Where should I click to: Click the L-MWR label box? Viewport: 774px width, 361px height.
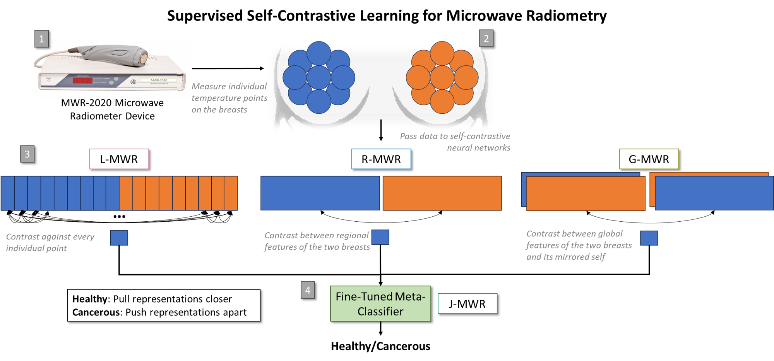[x=119, y=159]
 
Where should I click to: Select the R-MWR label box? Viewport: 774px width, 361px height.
[x=381, y=159]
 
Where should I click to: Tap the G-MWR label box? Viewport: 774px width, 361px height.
[x=649, y=159]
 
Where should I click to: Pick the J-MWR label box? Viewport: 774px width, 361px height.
[x=467, y=304]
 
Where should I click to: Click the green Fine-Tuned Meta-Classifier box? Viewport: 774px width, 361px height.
[x=380, y=304]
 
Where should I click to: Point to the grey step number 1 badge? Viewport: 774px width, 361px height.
[x=41, y=39]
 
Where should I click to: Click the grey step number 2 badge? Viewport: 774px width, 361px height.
[x=486, y=39]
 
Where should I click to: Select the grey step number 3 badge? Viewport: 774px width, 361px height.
[x=27, y=154]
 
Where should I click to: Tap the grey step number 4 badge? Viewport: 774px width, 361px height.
[x=308, y=290]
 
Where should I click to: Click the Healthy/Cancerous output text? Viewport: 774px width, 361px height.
[x=380, y=346]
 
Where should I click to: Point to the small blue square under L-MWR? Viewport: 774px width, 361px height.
[x=119, y=238]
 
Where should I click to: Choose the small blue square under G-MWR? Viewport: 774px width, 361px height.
[x=649, y=238]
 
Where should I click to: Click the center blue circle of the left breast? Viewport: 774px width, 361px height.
[x=319, y=77]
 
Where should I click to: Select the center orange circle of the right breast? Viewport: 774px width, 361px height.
[x=442, y=77]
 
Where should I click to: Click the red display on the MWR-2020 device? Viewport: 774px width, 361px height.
[x=82, y=80]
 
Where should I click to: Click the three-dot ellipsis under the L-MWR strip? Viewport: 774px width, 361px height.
[x=119, y=217]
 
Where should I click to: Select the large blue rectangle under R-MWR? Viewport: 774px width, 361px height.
[x=320, y=193]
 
